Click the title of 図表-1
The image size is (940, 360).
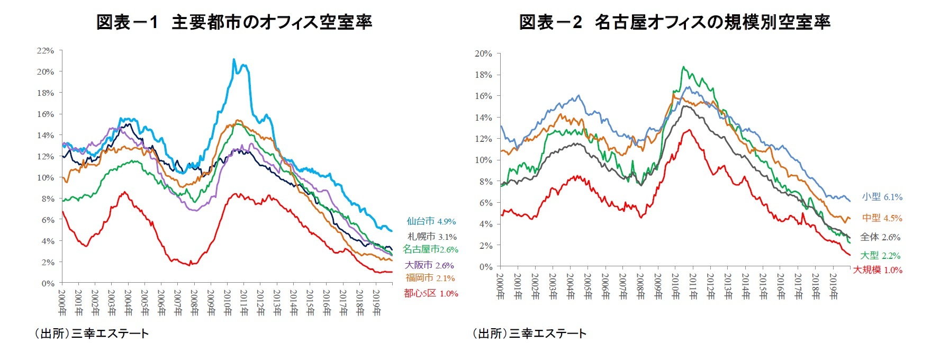tap(234, 22)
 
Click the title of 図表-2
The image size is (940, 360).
tap(674, 22)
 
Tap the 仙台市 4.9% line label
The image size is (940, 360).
tap(431, 221)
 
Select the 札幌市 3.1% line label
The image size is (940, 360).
tap(432, 237)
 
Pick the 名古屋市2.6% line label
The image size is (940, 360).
tap(430, 249)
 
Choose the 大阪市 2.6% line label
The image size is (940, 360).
tap(429, 265)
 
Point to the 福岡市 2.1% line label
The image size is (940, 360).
tap(430, 278)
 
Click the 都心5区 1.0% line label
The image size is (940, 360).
tap(431, 293)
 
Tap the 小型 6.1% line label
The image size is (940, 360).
tap(882, 197)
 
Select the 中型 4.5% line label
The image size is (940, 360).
tap(882, 218)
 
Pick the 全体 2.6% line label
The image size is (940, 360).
tap(880, 237)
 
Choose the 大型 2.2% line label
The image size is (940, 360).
tap(880, 256)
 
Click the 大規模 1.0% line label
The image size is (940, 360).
tap(877, 270)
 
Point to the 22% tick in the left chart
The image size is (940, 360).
tap(46, 51)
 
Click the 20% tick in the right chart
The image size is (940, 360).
tap(483, 53)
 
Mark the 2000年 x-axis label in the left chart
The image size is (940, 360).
tap(62, 302)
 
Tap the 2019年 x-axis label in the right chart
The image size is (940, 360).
tap(833, 286)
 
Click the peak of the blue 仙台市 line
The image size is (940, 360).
tap(234, 59)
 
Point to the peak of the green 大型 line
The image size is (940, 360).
tap(684, 67)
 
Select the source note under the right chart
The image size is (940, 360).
tap(529, 334)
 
